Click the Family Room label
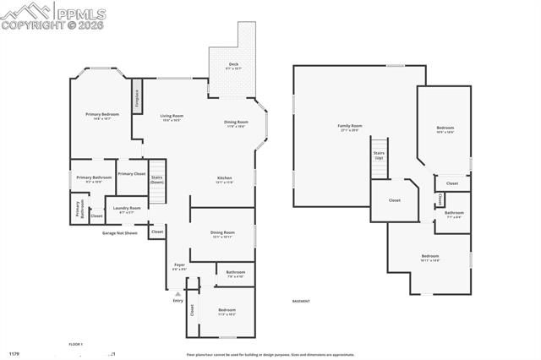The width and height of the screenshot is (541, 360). (350, 128)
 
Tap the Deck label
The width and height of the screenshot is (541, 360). (233, 66)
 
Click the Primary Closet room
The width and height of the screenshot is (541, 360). (131, 174)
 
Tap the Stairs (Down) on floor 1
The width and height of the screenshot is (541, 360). (157, 179)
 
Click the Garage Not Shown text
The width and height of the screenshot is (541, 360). (120, 232)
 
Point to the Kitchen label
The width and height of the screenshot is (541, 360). (224, 179)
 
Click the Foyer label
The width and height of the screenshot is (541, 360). (180, 267)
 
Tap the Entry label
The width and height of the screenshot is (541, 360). (178, 301)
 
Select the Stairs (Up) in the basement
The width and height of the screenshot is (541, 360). (379, 158)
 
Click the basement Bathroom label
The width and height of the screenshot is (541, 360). (454, 214)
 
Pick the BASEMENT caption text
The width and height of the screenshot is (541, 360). (301, 301)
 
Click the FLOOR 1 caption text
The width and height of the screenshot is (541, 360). (76, 344)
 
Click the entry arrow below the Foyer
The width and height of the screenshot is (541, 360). (178, 293)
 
